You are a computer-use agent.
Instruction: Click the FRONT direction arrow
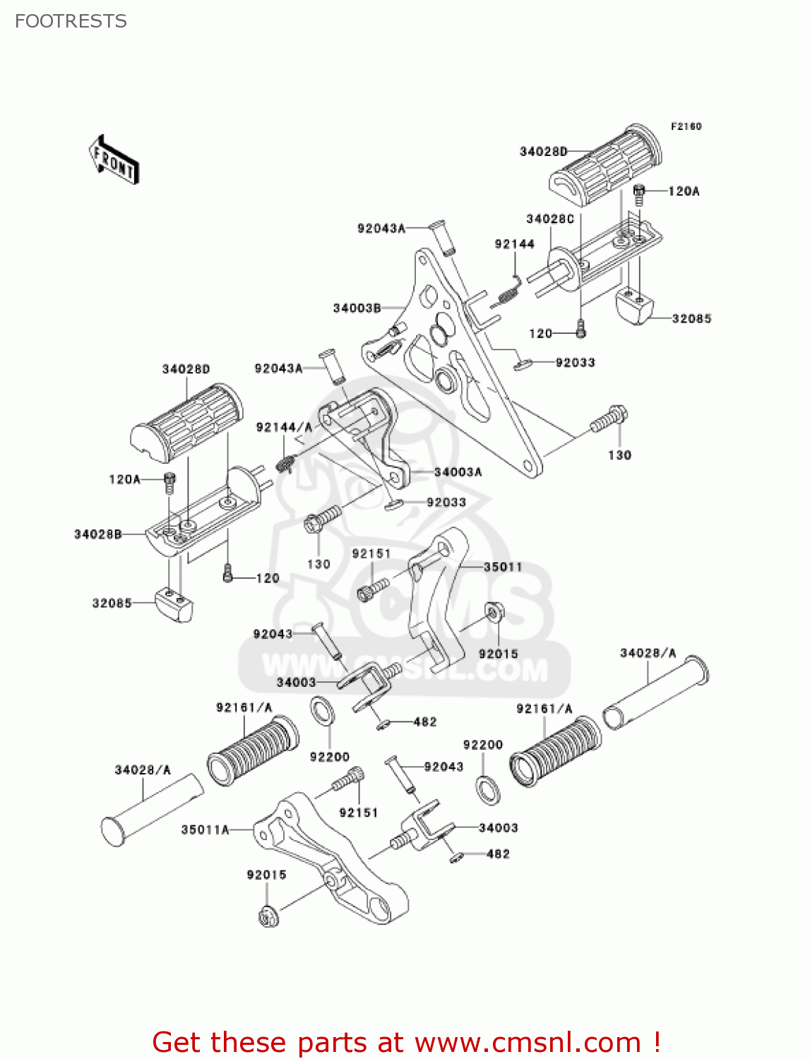pyautogui.click(x=114, y=160)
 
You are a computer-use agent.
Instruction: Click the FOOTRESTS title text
pyautogui.click(x=71, y=21)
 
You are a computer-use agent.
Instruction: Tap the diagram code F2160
pyautogui.click(x=686, y=126)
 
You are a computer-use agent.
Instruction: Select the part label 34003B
pyautogui.click(x=357, y=308)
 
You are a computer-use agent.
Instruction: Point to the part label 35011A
pyautogui.click(x=205, y=830)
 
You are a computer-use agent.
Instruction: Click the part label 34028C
pyautogui.click(x=549, y=219)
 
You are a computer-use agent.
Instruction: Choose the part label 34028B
pyautogui.click(x=97, y=534)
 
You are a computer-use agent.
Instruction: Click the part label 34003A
pyautogui.click(x=458, y=472)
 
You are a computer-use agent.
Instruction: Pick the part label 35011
pyautogui.click(x=503, y=567)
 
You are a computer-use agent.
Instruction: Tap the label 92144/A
pyautogui.click(x=284, y=427)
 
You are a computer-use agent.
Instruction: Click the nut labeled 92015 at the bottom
pyautogui.click(x=268, y=916)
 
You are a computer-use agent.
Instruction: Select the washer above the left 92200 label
pyautogui.click(x=322, y=711)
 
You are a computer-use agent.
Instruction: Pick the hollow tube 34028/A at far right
pyautogui.click(x=655, y=694)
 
